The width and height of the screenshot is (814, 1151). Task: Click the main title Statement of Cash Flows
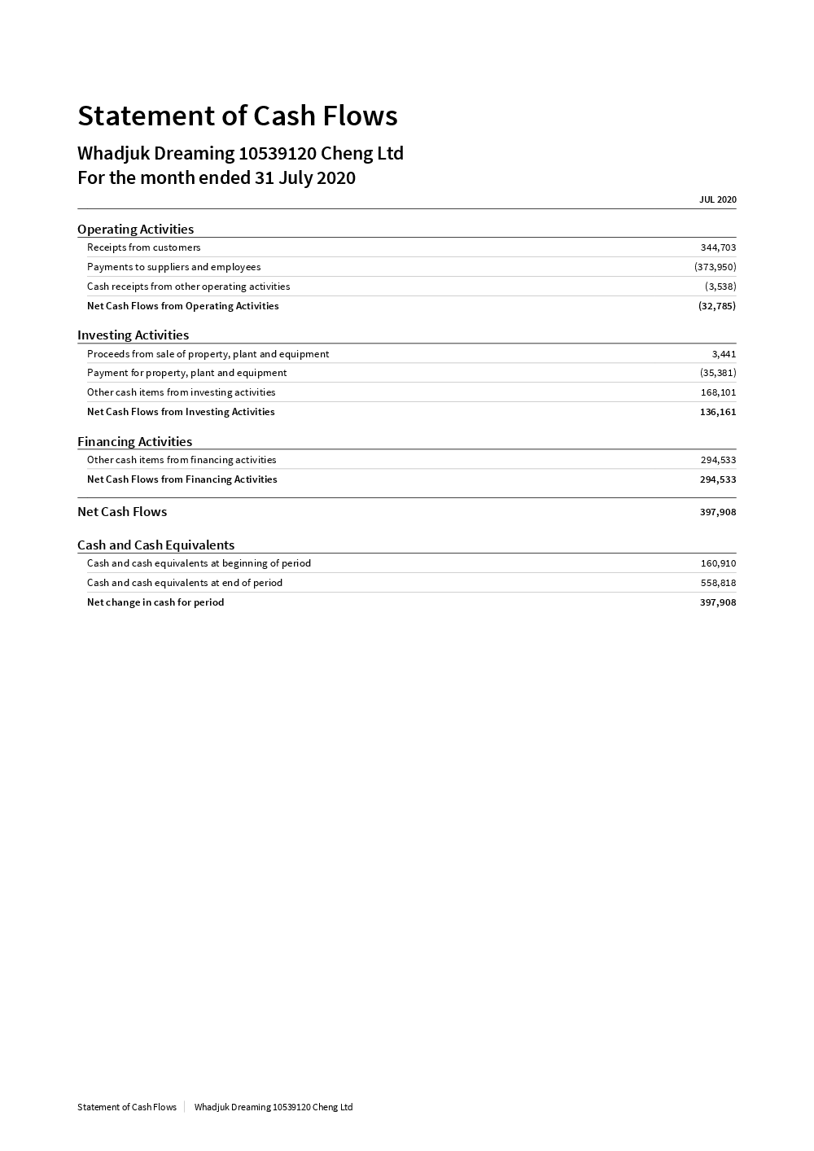pos(237,116)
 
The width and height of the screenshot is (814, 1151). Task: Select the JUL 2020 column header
pos(717,199)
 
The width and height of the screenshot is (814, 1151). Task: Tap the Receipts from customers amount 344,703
pos(718,247)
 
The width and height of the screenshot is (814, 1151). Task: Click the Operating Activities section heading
pos(135,229)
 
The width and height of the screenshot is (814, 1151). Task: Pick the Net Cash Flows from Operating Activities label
pos(182,306)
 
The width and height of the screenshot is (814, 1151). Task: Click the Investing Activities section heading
pos(133,335)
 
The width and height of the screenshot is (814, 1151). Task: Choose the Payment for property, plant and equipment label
pos(186,373)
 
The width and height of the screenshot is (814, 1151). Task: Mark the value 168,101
pos(718,392)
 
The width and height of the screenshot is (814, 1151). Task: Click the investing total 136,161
pos(717,412)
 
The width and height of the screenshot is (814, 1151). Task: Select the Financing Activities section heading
pos(134,441)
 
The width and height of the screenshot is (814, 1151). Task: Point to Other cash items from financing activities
pos(182,460)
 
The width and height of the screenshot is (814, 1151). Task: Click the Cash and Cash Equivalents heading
pos(155,545)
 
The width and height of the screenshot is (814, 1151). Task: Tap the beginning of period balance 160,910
pos(718,563)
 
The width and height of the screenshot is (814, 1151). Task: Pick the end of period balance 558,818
pos(718,583)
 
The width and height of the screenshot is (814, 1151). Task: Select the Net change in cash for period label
pos(155,602)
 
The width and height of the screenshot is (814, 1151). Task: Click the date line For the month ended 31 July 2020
pos(216,177)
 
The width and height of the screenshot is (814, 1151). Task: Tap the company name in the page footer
pos(273,1107)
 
